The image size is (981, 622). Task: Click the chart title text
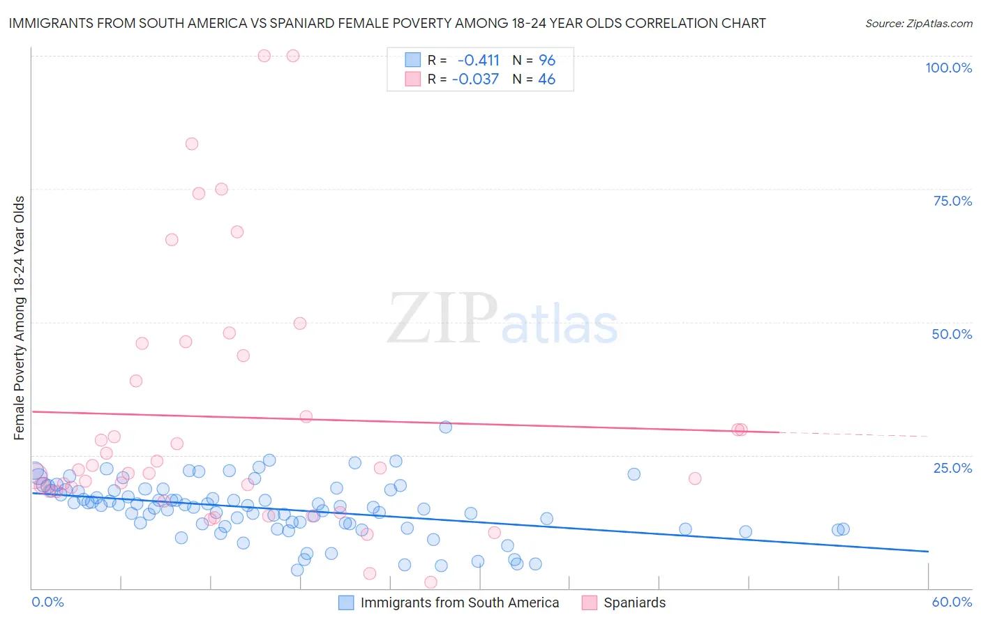point(387,23)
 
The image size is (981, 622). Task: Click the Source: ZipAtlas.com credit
point(918,23)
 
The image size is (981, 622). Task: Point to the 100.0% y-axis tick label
point(948,68)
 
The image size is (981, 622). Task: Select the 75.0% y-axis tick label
point(952,201)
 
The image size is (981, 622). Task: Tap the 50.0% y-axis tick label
point(952,334)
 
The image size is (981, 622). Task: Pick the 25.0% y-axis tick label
point(952,468)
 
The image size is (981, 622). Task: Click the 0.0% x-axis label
point(47,602)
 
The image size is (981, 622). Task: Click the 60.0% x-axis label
point(952,602)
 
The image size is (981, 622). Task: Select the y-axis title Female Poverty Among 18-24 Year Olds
point(20,318)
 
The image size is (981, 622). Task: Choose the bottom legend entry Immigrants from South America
point(459,602)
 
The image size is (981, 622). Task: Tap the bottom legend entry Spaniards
point(634,602)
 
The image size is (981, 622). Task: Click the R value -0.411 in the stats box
point(478,60)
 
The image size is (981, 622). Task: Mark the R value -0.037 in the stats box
point(475,79)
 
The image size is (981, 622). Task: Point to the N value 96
point(547,60)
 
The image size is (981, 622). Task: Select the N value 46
point(547,79)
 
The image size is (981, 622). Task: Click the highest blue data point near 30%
point(445,427)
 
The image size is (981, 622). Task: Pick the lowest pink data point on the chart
point(430,582)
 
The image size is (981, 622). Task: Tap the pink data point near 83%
point(192,144)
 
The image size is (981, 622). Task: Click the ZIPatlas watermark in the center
point(502,319)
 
